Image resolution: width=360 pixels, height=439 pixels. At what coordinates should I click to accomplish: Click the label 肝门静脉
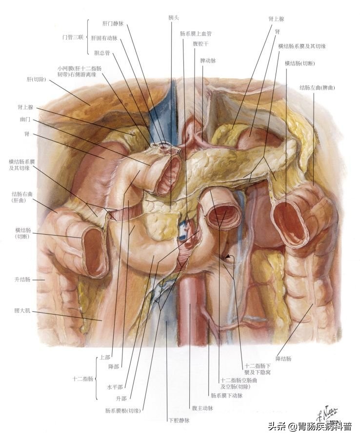point(113,23)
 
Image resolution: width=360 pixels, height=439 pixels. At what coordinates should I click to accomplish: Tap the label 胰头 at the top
point(174,17)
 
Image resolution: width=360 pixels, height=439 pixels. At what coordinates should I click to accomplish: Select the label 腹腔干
point(201,43)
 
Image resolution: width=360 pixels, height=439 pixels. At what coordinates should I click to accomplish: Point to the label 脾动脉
point(208,61)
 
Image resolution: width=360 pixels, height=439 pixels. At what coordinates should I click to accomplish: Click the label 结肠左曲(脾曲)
point(318,88)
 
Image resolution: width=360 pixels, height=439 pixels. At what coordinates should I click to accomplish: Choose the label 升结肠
point(23,279)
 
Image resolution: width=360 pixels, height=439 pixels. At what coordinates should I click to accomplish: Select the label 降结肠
point(283,359)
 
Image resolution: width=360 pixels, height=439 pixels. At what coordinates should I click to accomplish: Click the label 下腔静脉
point(179,419)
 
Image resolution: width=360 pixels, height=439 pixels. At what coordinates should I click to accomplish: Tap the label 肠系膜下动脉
point(226,396)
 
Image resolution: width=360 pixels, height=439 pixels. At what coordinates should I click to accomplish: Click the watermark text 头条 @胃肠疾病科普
point(309,427)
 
